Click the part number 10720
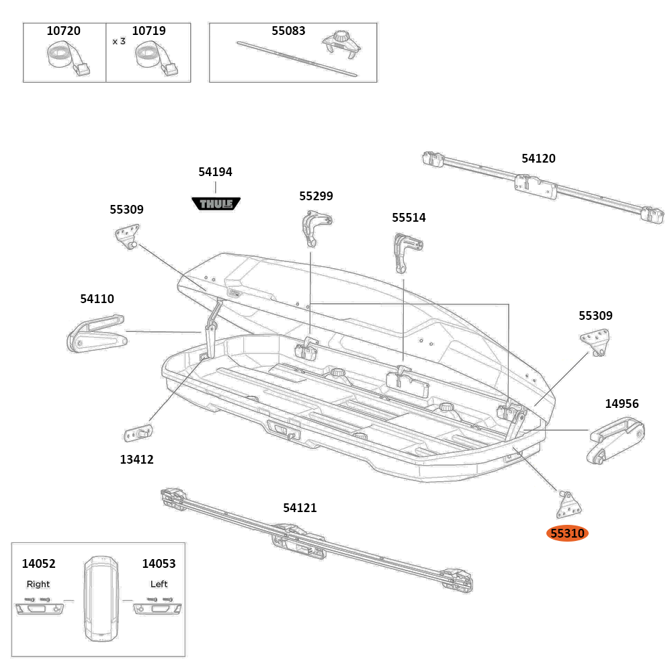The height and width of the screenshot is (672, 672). (x=63, y=31)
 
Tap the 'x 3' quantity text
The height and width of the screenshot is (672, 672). (x=119, y=41)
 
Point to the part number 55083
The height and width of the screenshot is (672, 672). (x=288, y=31)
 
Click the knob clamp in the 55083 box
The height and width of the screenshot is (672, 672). (x=341, y=45)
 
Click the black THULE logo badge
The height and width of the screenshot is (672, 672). (x=216, y=203)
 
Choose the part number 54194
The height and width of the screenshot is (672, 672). (x=215, y=172)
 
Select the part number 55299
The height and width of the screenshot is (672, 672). (x=316, y=196)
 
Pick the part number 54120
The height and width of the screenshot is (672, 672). (x=538, y=159)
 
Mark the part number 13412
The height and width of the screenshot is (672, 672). (x=137, y=460)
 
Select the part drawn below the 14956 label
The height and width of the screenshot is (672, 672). (x=616, y=439)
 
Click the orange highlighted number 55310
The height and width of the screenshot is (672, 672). (x=567, y=534)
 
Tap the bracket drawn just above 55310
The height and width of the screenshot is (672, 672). (x=569, y=503)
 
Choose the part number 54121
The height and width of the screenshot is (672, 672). (x=300, y=508)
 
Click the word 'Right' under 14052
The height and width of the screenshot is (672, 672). (x=38, y=584)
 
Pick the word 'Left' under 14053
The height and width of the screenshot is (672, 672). (x=159, y=584)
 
